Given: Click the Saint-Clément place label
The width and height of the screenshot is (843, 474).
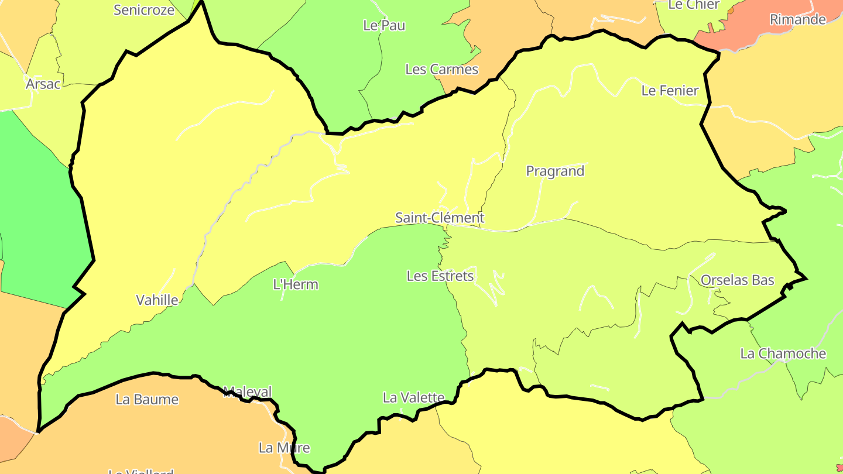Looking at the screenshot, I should (x=440, y=218).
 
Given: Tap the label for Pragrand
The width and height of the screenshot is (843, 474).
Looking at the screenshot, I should (x=555, y=171).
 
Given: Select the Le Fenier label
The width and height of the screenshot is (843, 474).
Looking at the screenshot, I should (x=670, y=90).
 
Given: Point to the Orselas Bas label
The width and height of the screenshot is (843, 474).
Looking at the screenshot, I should (x=737, y=280).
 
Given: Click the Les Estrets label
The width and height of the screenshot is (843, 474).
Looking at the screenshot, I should (x=440, y=276).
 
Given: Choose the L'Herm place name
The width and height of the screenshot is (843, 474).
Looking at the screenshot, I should (x=296, y=284).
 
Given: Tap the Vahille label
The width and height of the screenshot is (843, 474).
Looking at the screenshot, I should (x=157, y=300).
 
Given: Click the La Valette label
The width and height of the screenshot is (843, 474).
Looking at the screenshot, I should (x=413, y=397).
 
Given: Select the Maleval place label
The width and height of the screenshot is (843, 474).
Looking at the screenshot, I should (x=248, y=391).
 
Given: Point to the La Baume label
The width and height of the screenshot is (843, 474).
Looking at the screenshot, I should (x=146, y=399).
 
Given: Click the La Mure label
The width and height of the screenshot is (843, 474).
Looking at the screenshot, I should (x=284, y=448).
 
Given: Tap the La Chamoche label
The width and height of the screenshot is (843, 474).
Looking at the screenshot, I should (x=783, y=353).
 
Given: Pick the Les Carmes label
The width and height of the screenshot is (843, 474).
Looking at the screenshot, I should (x=441, y=69).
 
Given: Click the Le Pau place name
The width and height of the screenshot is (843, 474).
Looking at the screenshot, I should (x=384, y=25).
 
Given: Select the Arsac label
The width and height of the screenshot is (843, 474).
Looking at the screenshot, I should (x=43, y=84).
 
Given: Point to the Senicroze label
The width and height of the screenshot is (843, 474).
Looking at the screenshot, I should (x=143, y=9).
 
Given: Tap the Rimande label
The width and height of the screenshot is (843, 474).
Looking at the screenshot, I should (x=797, y=19).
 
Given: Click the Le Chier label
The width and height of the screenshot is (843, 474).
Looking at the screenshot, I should (x=693, y=5).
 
